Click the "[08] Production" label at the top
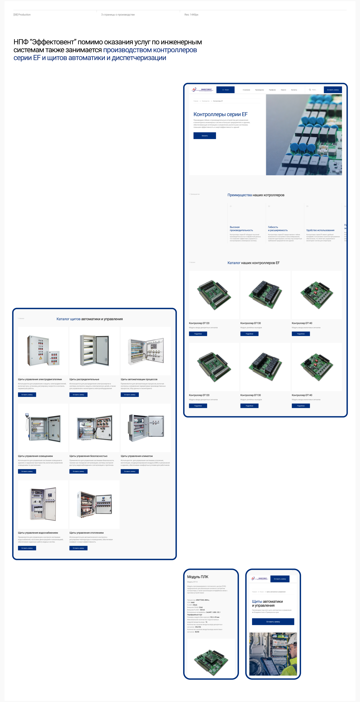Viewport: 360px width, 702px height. pos(22,15)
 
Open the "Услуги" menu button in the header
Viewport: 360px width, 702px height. pos(225,90)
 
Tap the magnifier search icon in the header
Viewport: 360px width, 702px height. pos(310,90)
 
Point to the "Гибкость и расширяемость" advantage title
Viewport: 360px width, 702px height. pos(278,229)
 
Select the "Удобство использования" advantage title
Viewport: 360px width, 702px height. pos(320,230)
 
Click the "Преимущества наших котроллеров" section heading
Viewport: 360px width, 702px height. pos(256,195)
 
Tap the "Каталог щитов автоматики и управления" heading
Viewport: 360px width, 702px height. pos(90,319)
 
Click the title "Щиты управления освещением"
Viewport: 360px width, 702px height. pos(35,456)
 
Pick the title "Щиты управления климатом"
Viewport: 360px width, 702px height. pos(137,456)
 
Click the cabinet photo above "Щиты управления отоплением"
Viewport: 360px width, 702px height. pos(94,504)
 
